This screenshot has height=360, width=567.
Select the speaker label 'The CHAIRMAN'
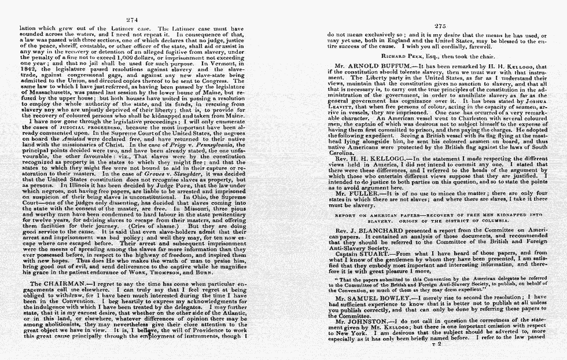(57, 284)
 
